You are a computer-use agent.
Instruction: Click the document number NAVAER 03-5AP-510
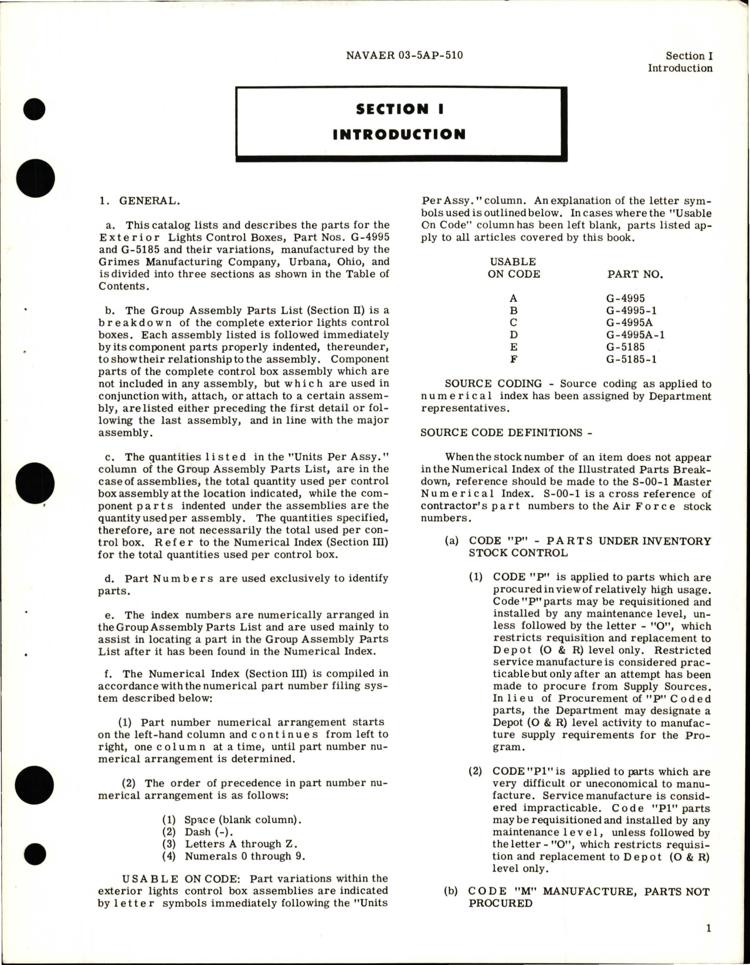point(404,56)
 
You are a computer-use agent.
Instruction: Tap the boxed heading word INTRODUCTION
point(399,134)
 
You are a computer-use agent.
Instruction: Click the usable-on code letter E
point(514,347)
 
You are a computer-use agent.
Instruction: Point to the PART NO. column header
point(635,274)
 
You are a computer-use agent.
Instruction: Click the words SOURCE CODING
point(493,384)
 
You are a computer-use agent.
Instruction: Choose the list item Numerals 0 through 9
point(245,856)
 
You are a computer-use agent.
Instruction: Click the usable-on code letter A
point(514,298)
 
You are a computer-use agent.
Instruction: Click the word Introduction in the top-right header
point(680,68)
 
